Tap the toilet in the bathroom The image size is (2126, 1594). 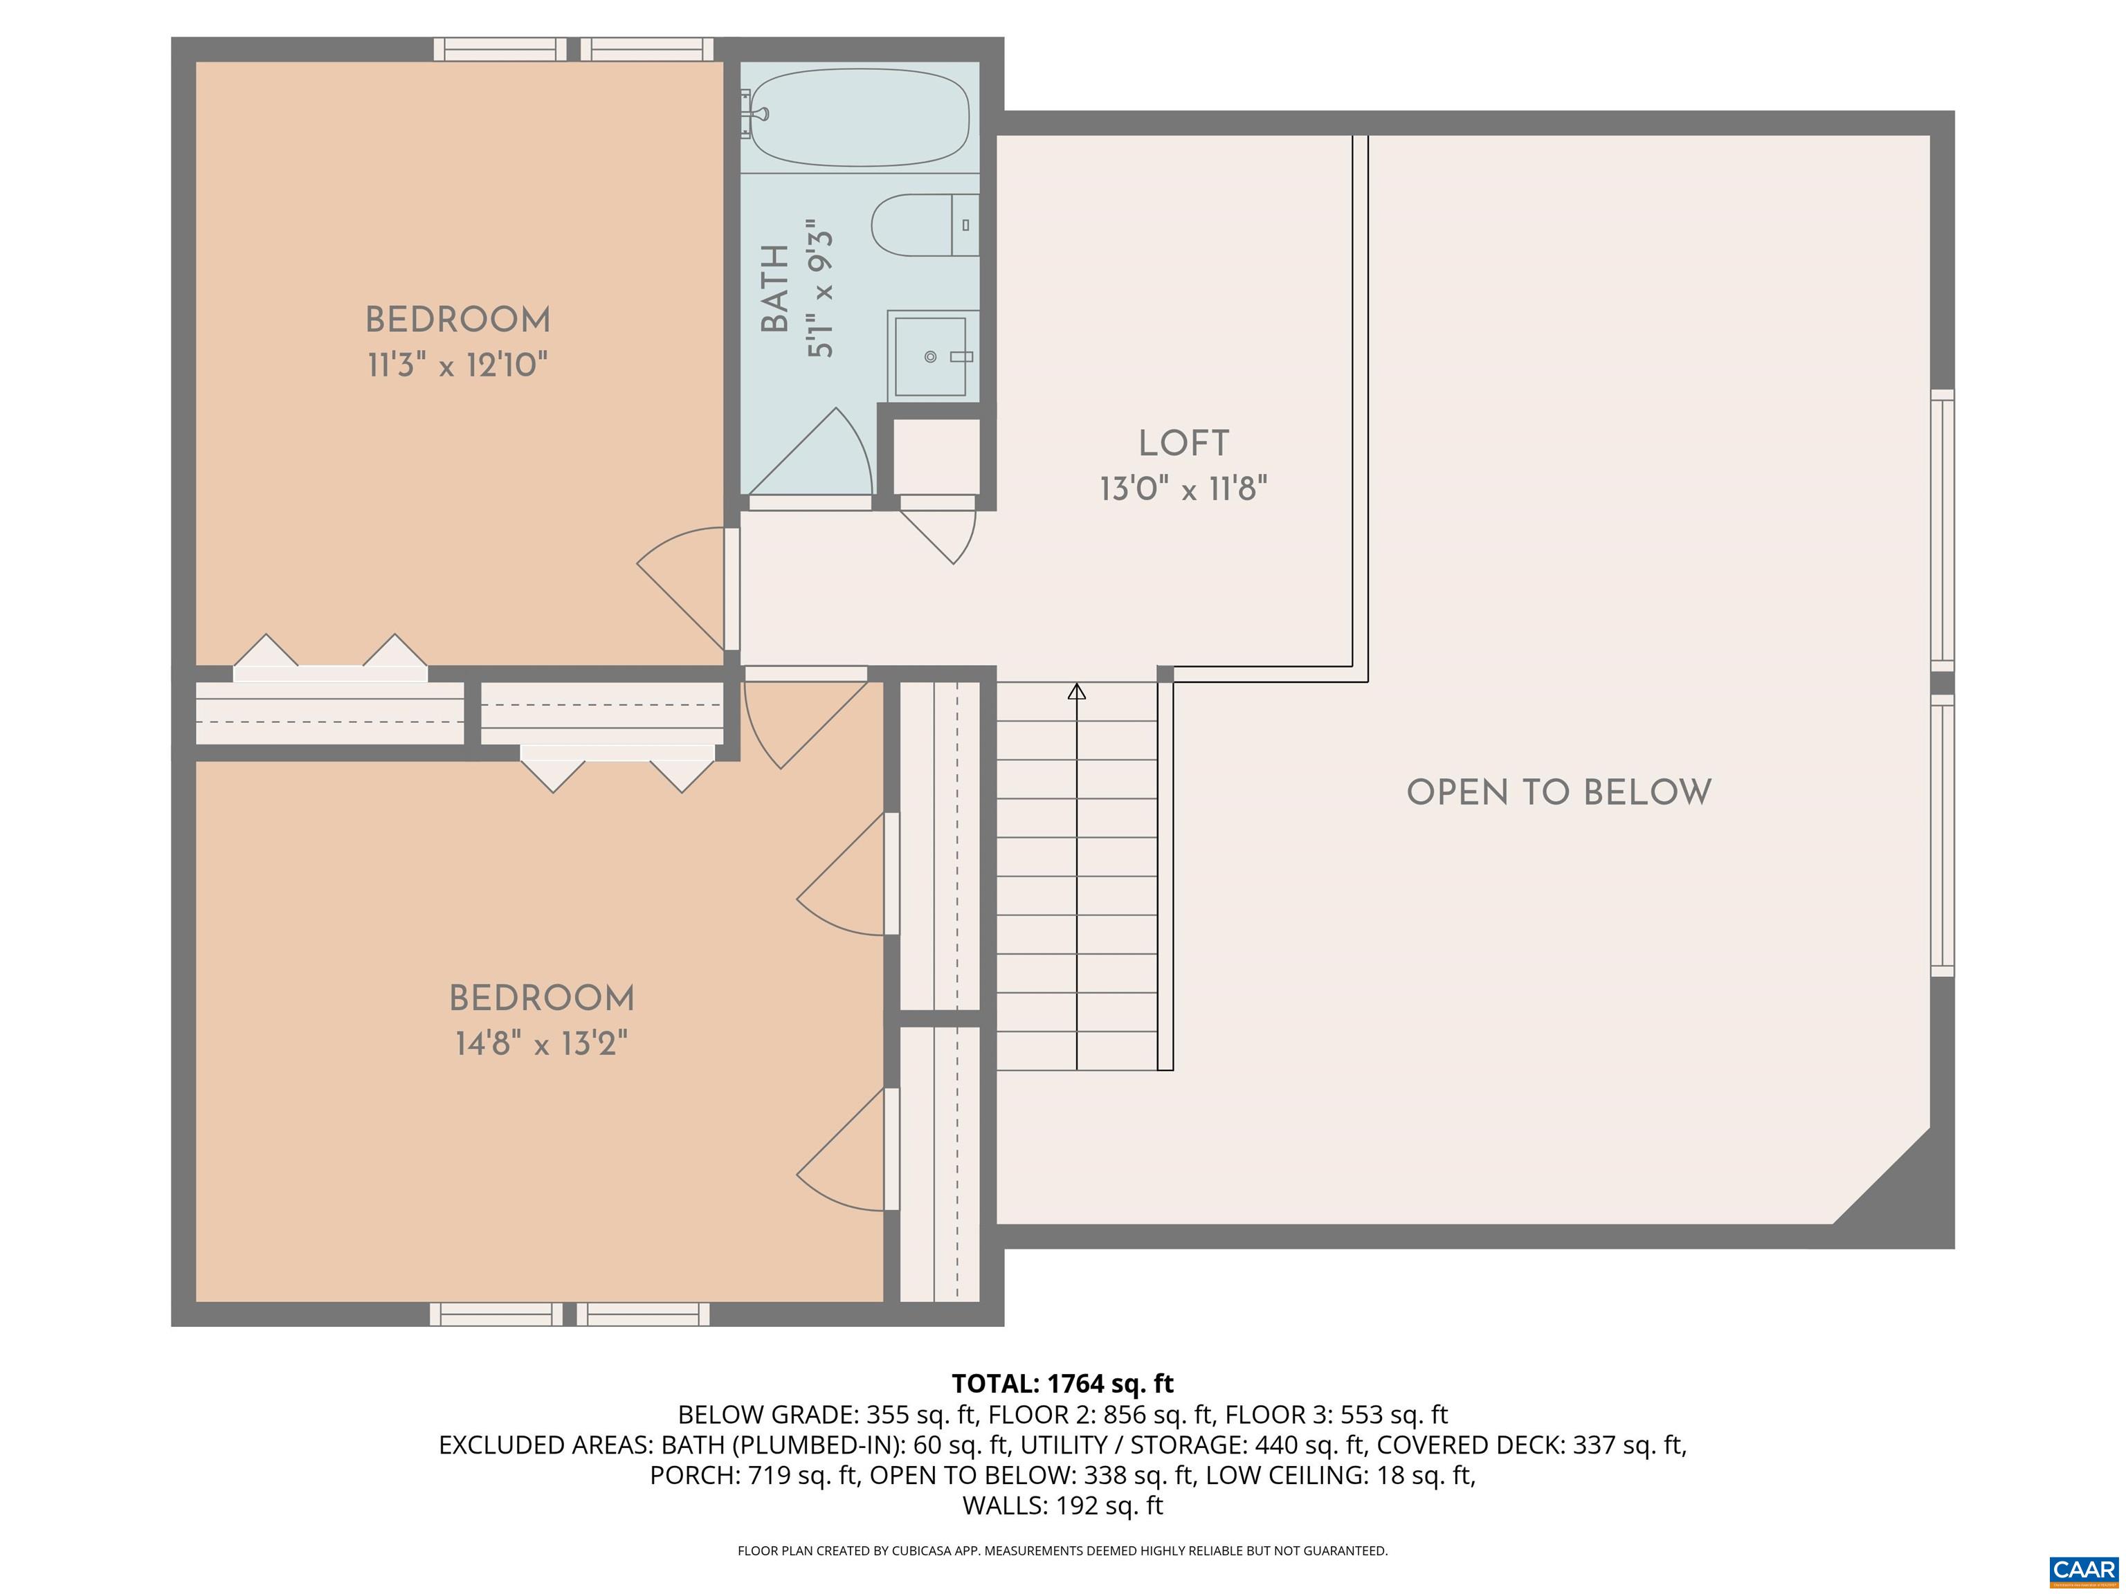click(x=923, y=225)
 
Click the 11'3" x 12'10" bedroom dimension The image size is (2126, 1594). click(x=457, y=366)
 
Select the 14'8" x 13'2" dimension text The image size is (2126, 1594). click(x=541, y=1043)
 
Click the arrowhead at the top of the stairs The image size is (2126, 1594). click(x=1076, y=691)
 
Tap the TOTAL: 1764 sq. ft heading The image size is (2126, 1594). click(x=1062, y=1384)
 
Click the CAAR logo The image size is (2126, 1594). click(x=2083, y=1569)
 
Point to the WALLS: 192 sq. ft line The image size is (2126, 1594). click(x=1062, y=1505)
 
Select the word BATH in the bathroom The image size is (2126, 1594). click(x=774, y=288)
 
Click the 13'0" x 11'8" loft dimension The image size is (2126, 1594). click(x=1183, y=489)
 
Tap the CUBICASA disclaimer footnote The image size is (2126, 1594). click(x=1062, y=1551)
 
